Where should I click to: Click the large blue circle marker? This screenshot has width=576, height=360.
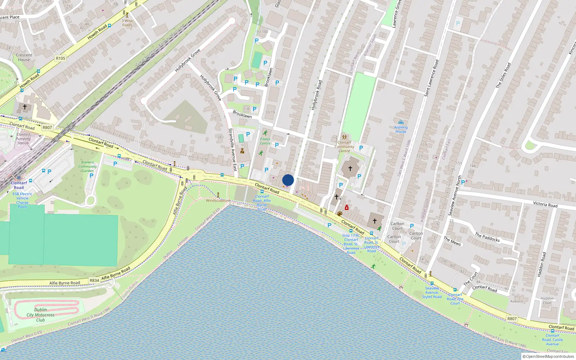pyautogui.click(x=288, y=180)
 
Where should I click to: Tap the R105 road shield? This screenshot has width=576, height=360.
pyautogui.click(x=60, y=58)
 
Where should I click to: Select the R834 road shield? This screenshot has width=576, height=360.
pyautogui.click(x=94, y=280)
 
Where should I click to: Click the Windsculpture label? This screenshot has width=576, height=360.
pyautogui.click(x=218, y=201)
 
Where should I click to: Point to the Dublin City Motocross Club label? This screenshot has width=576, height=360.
pyautogui.click(x=40, y=315)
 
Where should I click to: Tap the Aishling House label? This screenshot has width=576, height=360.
pyautogui.click(x=401, y=129)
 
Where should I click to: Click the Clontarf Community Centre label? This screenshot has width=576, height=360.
pyautogui.click(x=344, y=147)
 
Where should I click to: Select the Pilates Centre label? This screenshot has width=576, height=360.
pyautogui.click(x=265, y=141)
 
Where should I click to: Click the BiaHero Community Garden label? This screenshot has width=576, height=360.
pyautogui.click(x=87, y=166)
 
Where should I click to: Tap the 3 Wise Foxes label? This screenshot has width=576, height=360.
pyautogui.click(x=127, y=23)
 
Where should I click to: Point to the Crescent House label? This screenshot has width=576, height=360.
pyautogui.click(x=24, y=57)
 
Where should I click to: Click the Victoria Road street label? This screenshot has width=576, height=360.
pyautogui.click(x=545, y=204)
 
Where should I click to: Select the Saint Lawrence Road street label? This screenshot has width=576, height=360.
pyautogui.click(x=431, y=78)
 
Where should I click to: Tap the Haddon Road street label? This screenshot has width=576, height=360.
pyautogui.click(x=541, y=264)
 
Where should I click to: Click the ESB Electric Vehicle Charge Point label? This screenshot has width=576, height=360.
pyautogui.click(x=22, y=200)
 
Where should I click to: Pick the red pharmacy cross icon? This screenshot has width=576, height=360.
pyautogui.click(x=347, y=208)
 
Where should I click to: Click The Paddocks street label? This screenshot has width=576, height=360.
pyautogui.click(x=487, y=237)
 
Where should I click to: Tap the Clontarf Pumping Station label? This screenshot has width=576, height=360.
pyautogui.click(x=23, y=139)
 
